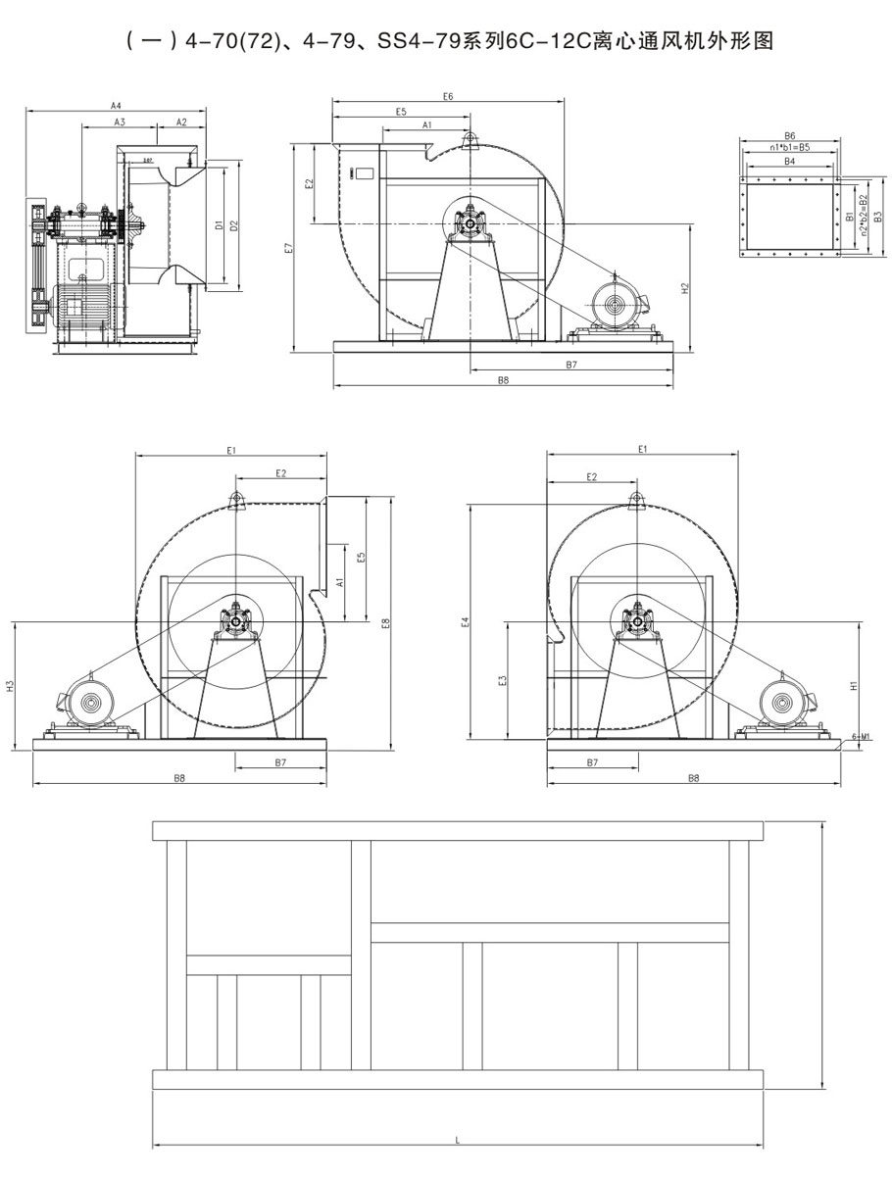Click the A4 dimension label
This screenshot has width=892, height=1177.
click(x=115, y=105)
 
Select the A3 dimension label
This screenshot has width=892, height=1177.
click(x=120, y=122)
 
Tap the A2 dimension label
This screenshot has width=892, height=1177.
click(x=181, y=122)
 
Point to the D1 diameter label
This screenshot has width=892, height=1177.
click(x=219, y=224)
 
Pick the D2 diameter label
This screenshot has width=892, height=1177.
click(x=233, y=224)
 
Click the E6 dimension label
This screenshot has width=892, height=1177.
click(x=448, y=96)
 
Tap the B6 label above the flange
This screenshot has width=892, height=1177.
click(x=789, y=136)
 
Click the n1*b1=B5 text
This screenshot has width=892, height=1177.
click(x=789, y=148)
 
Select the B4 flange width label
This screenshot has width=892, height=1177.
click(x=789, y=162)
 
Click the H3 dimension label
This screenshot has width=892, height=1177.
click(x=9, y=687)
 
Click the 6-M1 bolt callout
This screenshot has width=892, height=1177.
click(x=862, y=735)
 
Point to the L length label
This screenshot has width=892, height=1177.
click(x=458, y=1140)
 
